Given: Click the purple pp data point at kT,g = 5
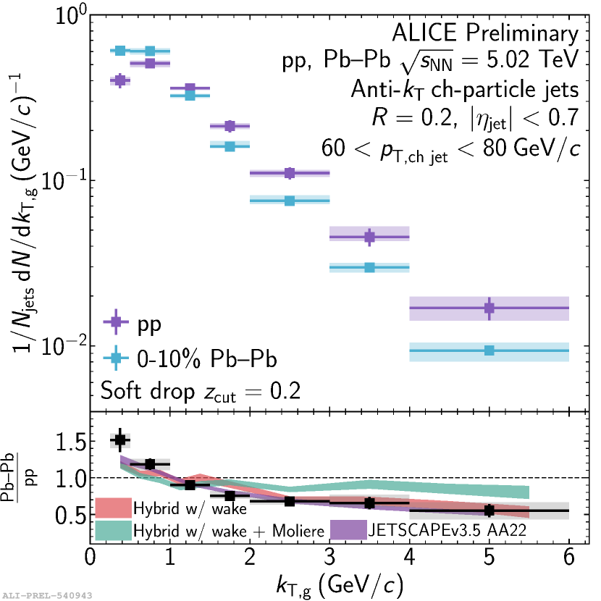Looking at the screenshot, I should (489, 308).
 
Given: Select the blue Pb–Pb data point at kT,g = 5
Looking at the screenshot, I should (489, 350).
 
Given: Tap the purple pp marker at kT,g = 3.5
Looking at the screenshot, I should (369, 237).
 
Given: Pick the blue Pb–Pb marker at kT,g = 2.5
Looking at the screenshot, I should (290, 200).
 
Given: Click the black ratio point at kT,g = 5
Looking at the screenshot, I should (489, 510).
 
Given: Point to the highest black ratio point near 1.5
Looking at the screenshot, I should (120, 440).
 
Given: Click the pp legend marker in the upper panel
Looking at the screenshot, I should (114, 322).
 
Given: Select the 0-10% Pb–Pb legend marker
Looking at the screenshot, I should (114, 357).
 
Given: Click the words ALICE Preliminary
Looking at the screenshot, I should (485, 33).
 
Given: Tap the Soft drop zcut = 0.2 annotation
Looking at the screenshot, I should (201, 392).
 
